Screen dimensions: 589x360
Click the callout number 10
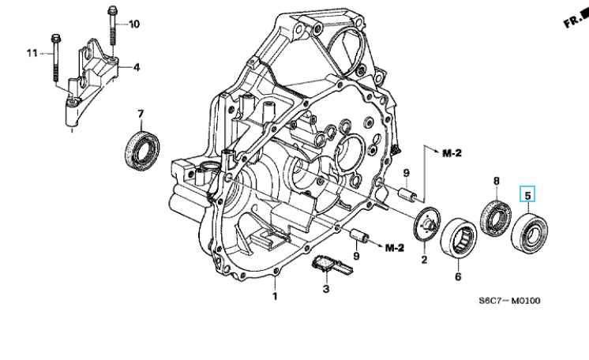[134, 24]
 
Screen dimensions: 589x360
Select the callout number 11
[32, 53]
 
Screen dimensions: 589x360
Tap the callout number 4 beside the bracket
[137, 67]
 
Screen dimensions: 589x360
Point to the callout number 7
[141, 114]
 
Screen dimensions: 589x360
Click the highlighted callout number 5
[527, 196]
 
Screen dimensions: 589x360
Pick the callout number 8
[497, 181]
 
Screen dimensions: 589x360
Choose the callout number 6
[458, 276]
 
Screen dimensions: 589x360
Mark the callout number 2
[425, 259]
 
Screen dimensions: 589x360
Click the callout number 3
[326, 289]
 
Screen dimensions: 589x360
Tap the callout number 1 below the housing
[275, 296]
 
